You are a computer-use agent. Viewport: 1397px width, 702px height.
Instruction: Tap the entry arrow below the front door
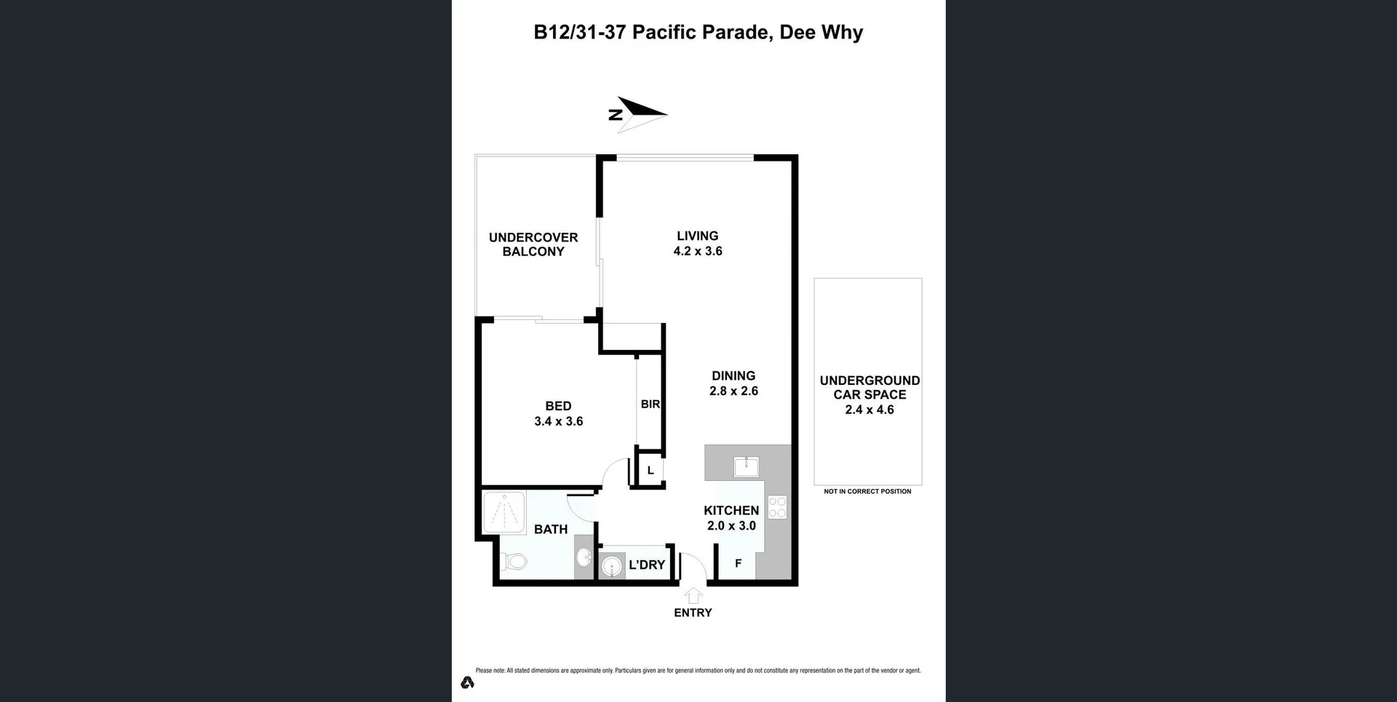[x=693, y=596]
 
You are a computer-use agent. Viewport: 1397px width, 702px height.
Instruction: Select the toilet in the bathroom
[x=515, y=561]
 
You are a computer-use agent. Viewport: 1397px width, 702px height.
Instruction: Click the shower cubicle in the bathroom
[x=504, y=513]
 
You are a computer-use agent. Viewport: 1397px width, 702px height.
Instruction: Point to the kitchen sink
[x=746, y=466]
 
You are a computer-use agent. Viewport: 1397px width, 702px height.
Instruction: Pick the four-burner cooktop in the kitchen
[x=777, y=507]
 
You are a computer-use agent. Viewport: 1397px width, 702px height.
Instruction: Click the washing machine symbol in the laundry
[x=612, y=566]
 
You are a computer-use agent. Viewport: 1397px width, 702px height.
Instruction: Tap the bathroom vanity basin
[x=584, y=558]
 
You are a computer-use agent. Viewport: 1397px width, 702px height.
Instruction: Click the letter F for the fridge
[x=738, y=564]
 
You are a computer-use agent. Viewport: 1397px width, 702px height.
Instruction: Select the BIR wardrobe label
[x=650, y=404]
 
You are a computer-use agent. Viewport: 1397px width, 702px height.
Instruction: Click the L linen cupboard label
[x=650, y=471]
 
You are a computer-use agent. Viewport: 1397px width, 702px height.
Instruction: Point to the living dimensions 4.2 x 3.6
[x=697, y=252]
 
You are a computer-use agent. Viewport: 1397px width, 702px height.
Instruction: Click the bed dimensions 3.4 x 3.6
[x=558, y=421]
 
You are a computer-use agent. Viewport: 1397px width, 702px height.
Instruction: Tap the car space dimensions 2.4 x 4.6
[x=869, y=410]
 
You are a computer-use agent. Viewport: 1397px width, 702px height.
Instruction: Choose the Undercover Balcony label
[x=533, y=244]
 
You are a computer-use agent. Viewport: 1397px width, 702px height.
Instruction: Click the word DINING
[x=733, y=376]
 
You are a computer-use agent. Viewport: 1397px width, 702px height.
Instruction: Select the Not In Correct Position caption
[x=867, y=492]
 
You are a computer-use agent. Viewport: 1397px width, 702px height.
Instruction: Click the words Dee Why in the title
[x=821, y=32]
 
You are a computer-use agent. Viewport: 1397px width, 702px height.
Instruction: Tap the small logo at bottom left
[x=467, y=682]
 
